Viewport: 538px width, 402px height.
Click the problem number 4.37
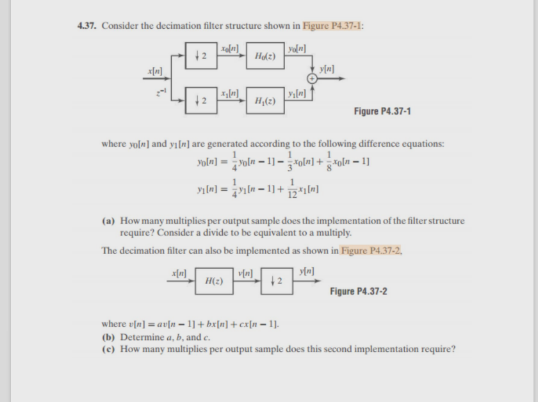coord(87,26)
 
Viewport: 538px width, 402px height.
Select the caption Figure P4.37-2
coord(359,292)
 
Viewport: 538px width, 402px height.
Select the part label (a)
coord(110,221)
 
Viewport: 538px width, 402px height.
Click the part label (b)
coord(110,337)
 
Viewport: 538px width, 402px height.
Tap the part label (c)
coord(110,349)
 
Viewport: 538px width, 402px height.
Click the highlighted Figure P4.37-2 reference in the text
coord(371,250)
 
